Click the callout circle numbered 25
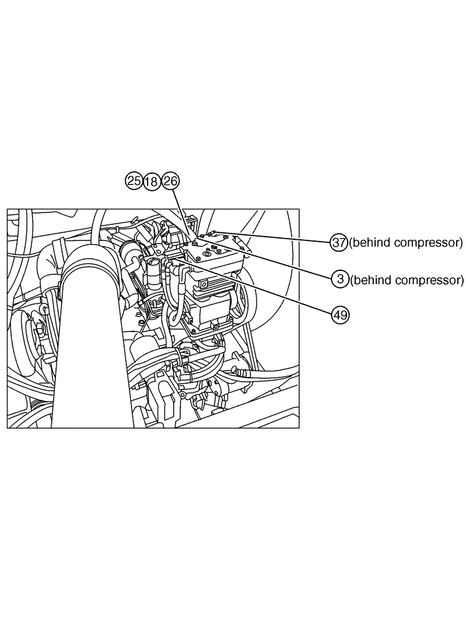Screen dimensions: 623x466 coord(133,181)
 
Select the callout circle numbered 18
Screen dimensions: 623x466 coord(151,181)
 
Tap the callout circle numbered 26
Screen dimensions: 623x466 coord(170,181)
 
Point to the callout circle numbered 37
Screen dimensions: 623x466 coord(339,242)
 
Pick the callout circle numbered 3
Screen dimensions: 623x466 coord(340,280)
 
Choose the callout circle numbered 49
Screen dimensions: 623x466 coord(340,315)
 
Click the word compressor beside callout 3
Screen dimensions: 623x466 coord(434,280)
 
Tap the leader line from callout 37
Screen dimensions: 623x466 coord(280,237)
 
